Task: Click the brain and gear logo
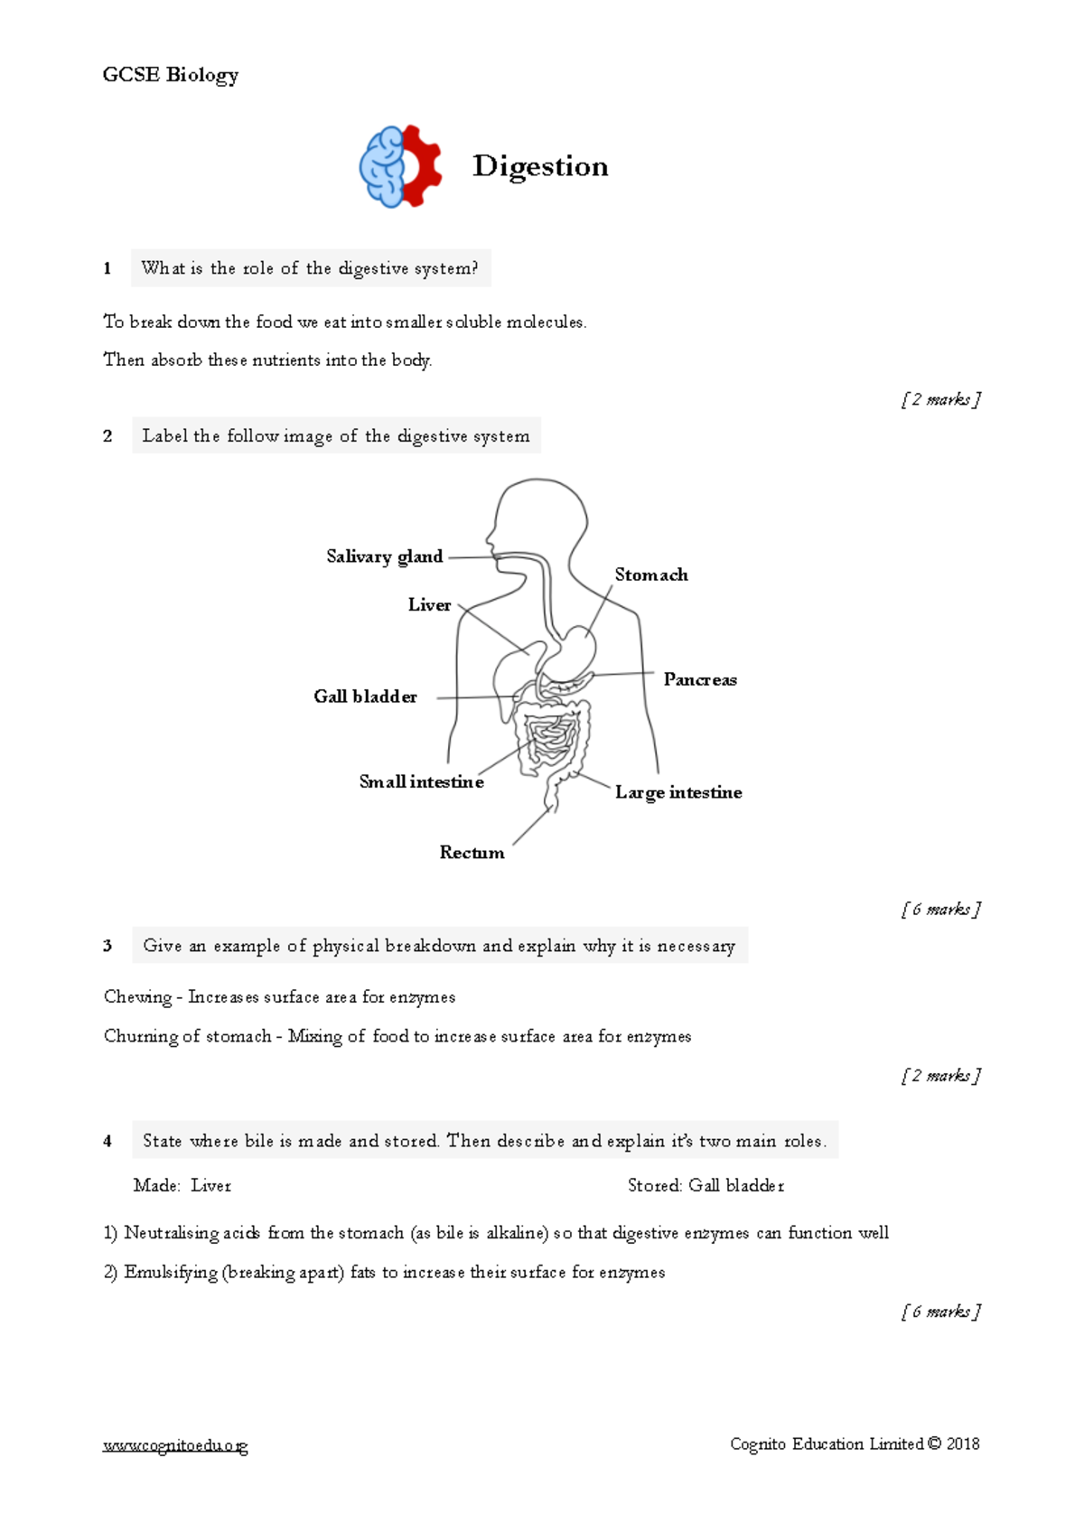(400, 166)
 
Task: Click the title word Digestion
(540, 166)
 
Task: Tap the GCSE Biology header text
(171, 75)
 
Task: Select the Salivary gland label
(385, 556)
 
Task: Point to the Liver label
(429, 605)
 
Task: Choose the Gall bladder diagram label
(365, 696)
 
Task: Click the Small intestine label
(421, 781)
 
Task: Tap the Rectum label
(472, 853)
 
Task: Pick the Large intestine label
(678, 792)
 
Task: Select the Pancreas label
(700, 679)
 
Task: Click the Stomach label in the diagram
(651, 574)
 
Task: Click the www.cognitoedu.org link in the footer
(175, 1445)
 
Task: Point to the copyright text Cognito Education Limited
(854, 1443)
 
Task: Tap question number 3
(107, 946)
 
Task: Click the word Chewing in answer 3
(137, 997)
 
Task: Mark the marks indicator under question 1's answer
(940, 399)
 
